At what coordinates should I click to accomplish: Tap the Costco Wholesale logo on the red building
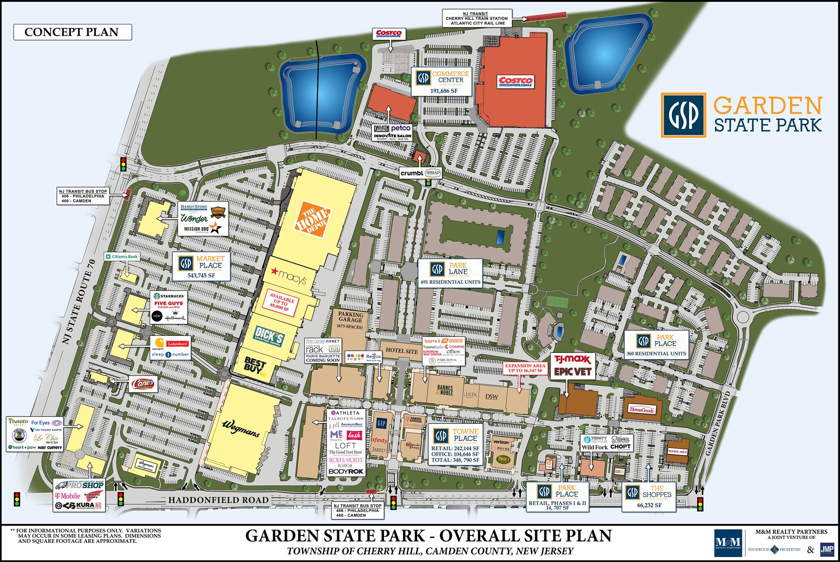(x=516, y=81)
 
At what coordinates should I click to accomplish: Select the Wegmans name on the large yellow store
(x=241, y=429)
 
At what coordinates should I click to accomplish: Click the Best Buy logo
(x=255, y=365)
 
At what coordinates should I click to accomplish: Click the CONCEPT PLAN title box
(x=72, y=32)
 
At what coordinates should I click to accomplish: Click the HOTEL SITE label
(x=401, y=351)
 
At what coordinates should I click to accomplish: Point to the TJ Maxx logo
(x=572, y=359)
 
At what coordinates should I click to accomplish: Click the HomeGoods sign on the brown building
(x=642, y=410)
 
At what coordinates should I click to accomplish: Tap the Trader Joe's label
(x=677, y=451)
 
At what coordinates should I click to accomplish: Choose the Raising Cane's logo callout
(x=142, y=385)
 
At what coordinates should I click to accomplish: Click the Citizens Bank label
(x=122, y=257)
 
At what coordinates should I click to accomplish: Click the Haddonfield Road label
(x=218, y=500)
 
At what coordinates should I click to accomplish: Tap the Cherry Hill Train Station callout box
(x=477, y=18)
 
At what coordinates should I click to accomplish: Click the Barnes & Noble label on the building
(x=445, y=390)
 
